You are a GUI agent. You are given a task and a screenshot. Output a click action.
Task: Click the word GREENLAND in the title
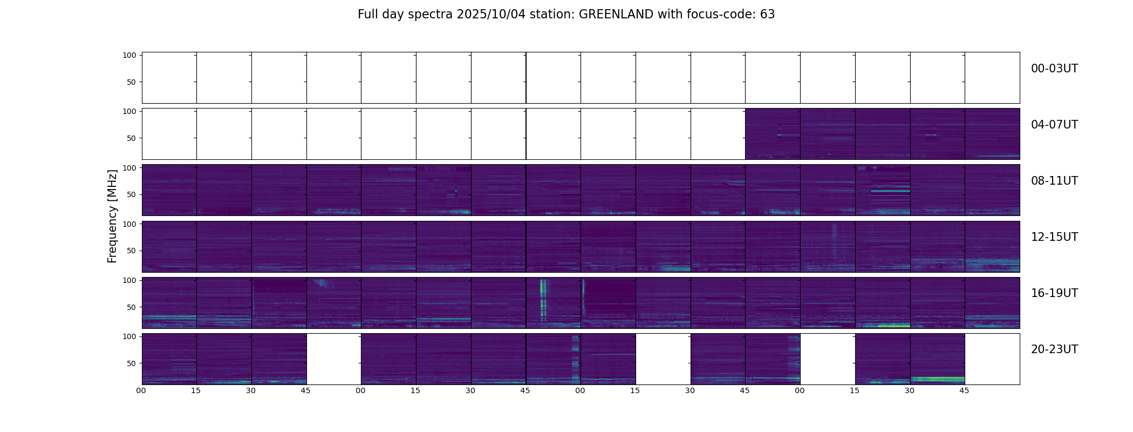click(x=616, y=15)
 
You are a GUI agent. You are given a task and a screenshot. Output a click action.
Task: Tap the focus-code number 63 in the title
click(x=767, y=15)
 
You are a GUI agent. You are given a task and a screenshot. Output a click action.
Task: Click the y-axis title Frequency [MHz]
click(x=112, y=216)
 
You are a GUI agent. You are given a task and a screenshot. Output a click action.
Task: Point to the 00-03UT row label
click(x=1054, y=69)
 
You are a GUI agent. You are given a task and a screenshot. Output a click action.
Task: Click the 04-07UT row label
click(x=1054, y=125)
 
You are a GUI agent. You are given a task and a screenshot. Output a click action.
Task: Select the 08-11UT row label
click(x=1054, y=181)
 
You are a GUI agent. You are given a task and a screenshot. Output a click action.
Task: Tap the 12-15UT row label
click(x=1054, y=237)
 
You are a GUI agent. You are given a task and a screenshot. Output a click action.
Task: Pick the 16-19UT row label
click(x=1054, y=293)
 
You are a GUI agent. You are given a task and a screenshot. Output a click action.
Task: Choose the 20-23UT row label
click(x=1054, y=349)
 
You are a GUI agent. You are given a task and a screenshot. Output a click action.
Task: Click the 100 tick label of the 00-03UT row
click(x=129, y=55)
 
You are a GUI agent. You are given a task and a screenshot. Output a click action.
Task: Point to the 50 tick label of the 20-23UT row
click(x=131, y=363)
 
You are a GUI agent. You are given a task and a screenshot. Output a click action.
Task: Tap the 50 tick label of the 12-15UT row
click(x=131, y=251)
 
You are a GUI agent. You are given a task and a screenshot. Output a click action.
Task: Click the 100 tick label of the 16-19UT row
click(x=129, y=280)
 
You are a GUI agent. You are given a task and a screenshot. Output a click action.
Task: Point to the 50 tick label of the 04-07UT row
click(x=131, y=138)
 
